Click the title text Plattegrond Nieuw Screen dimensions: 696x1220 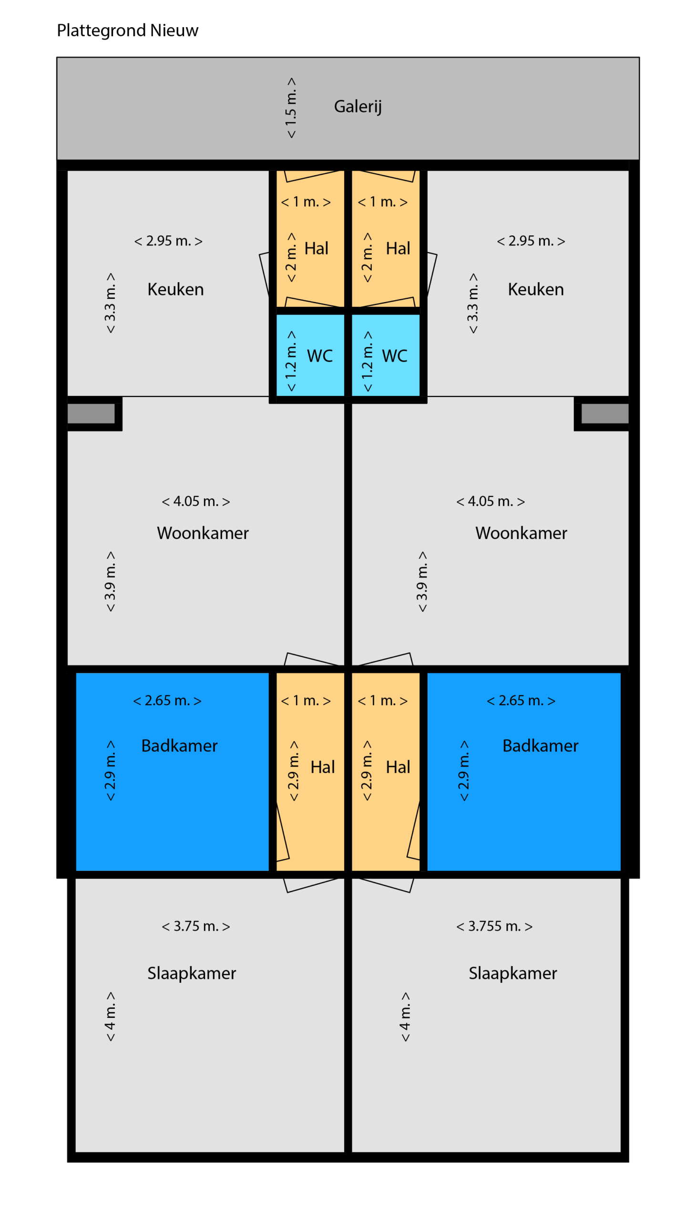tap(127, 30)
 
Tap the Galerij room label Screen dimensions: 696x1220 tap(358, 107)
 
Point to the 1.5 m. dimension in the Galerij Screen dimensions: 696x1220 tap(291, 108)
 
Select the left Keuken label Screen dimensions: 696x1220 tap(175, 289)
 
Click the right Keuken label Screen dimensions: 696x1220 tap(536, 289)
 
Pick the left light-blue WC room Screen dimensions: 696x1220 tap(310, 355)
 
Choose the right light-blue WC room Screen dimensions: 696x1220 tap(386, 355)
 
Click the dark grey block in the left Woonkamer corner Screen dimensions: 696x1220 tap(91, 413)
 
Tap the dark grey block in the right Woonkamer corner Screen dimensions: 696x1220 tap(604, 413)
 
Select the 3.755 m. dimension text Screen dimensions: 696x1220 tap(494, 926)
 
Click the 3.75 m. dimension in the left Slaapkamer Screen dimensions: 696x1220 tap(196, 926)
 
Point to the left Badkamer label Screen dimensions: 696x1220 tap(179, 745)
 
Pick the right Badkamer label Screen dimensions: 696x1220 tap(540, 745)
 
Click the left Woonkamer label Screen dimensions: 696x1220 tap(203, 533)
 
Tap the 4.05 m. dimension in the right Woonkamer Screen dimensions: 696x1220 tap(491, 501)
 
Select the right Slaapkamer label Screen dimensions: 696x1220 tap(513, 973)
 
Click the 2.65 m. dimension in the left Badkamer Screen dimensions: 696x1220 tap(167, 701)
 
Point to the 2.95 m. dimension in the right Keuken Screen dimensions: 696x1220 tap(531, 241)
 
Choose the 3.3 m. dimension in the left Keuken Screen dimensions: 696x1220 tap(110, 303)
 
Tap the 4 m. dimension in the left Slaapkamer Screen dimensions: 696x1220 tap(110, 1017)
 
